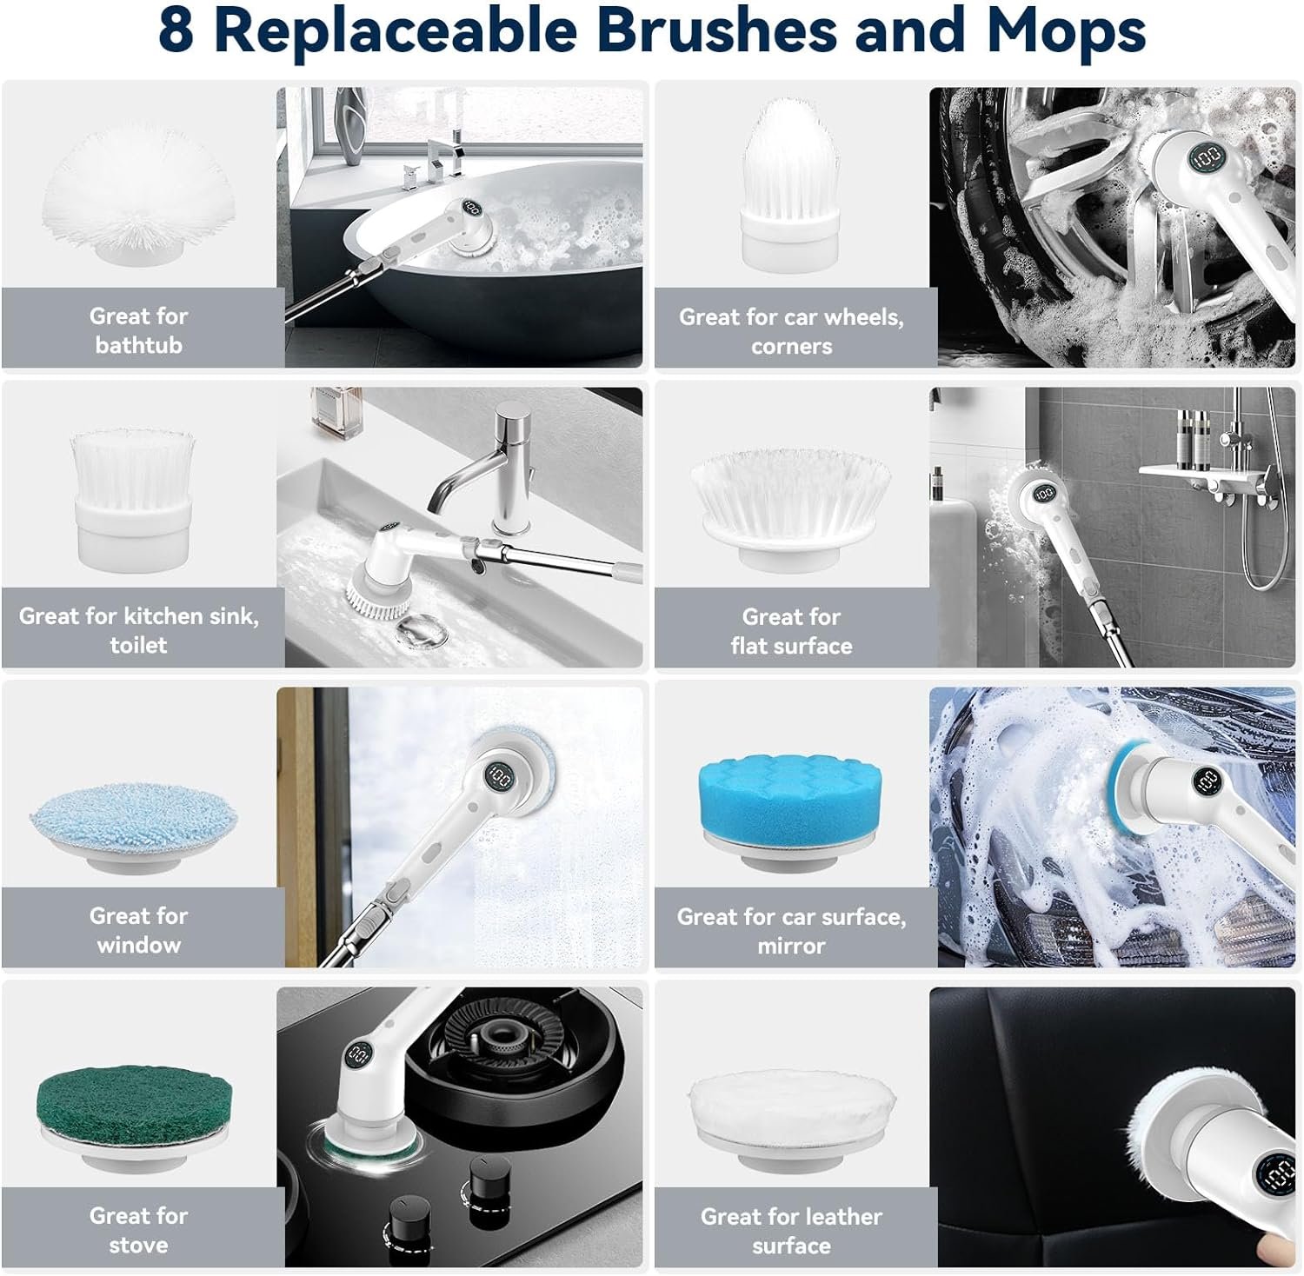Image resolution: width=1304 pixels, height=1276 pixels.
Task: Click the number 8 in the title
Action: click(176, 30)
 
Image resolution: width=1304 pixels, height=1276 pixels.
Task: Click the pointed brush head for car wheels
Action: click(791, 182)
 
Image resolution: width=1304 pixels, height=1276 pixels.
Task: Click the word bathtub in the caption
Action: click(139, 345)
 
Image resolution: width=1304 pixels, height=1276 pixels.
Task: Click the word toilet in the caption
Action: click(138, 645)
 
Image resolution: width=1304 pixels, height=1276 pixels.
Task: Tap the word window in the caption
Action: click(139, 945)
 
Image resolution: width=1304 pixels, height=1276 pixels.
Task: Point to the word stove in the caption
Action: click(139, 1245)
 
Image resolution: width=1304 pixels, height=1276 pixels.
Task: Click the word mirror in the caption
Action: click(791, 946)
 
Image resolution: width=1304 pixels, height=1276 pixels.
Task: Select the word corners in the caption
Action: click(791, 347)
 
